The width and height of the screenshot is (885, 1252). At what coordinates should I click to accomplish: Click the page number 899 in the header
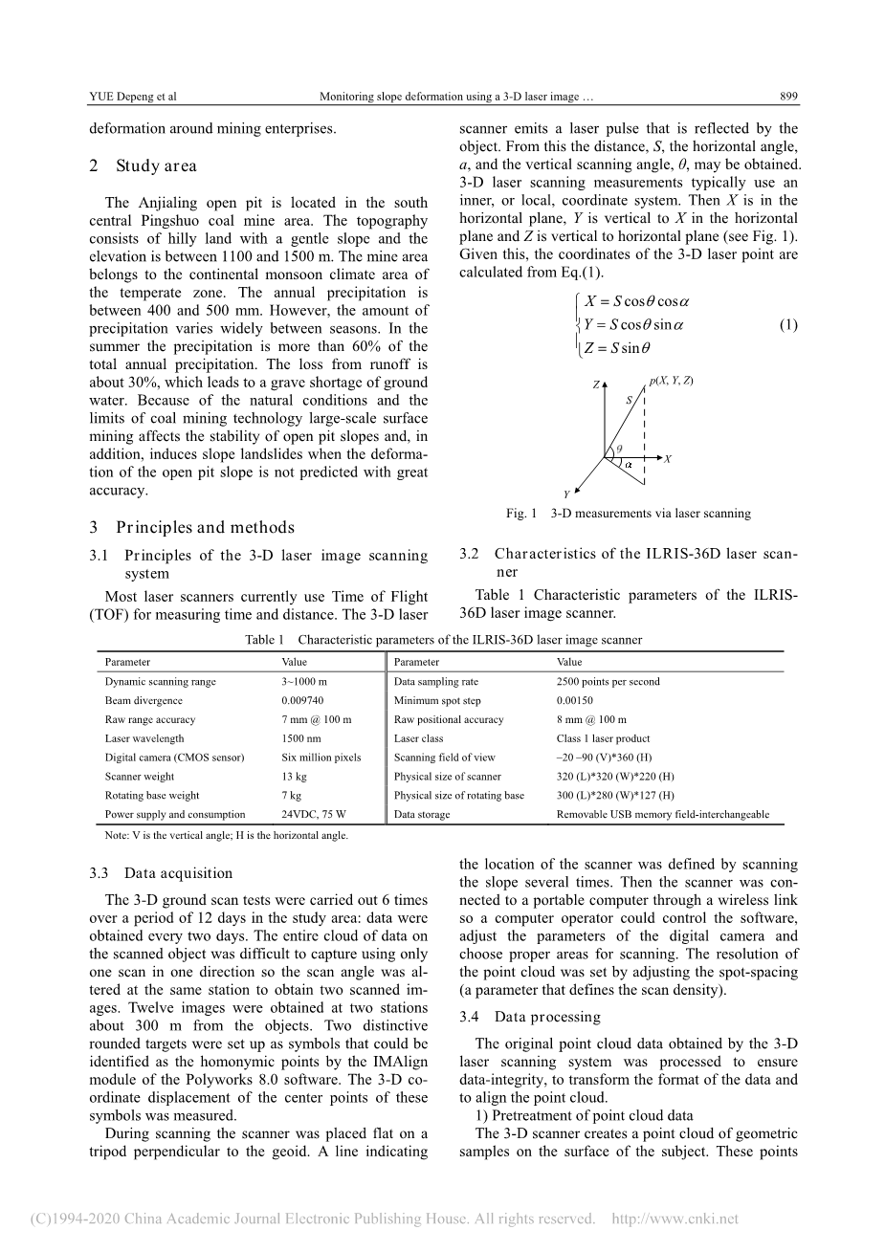tap(788, 97)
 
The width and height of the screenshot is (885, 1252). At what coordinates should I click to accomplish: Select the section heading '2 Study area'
tap(143, 165)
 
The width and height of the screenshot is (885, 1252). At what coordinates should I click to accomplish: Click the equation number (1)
tap(787, 324)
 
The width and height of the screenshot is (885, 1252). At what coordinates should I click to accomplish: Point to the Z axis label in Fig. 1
tap(595, 384)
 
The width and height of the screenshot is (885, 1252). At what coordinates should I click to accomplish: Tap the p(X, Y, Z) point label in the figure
tap(670, 381)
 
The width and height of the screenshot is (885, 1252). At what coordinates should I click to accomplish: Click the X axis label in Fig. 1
tap(668, 459)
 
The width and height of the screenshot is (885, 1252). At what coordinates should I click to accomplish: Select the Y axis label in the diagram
tap(566, 494)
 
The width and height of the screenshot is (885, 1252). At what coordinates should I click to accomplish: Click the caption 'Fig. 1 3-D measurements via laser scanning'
tap(628, 514)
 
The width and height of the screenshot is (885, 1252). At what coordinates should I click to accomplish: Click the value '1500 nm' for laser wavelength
tap(299, 738)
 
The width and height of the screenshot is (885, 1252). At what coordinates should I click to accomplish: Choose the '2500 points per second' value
tap(608, 682)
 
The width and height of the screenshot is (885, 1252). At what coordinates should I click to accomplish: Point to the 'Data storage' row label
tap(422, 815)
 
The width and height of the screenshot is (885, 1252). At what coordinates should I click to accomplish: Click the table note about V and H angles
tap(226, 835)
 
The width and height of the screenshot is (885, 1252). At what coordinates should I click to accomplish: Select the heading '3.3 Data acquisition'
tap(161, 873)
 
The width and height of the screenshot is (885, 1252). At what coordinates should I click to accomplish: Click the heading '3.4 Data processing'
tap(529, 1017)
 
